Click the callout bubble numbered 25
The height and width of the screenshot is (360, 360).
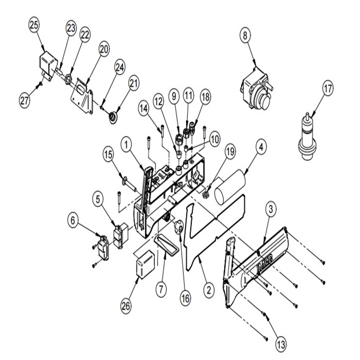coord(34,25)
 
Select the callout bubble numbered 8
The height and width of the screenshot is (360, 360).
coord(245,36)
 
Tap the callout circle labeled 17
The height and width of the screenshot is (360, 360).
coord(328,88)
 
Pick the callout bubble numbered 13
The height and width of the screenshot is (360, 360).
coord(281,344)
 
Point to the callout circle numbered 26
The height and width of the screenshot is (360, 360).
coord(126,306)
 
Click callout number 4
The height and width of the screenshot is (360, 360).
coord(261,148)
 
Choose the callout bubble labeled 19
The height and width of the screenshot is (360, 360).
coord(230,151)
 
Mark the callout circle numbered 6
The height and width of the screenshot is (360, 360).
coord(73,220)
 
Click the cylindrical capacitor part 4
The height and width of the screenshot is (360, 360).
coord(230,187)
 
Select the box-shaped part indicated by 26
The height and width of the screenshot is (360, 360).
coord(145,264)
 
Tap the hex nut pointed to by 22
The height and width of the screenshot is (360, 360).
coord(68,79)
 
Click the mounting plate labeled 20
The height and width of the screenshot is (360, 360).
coord(82,95)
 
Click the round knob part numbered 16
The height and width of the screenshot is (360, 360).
coord(178,227)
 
